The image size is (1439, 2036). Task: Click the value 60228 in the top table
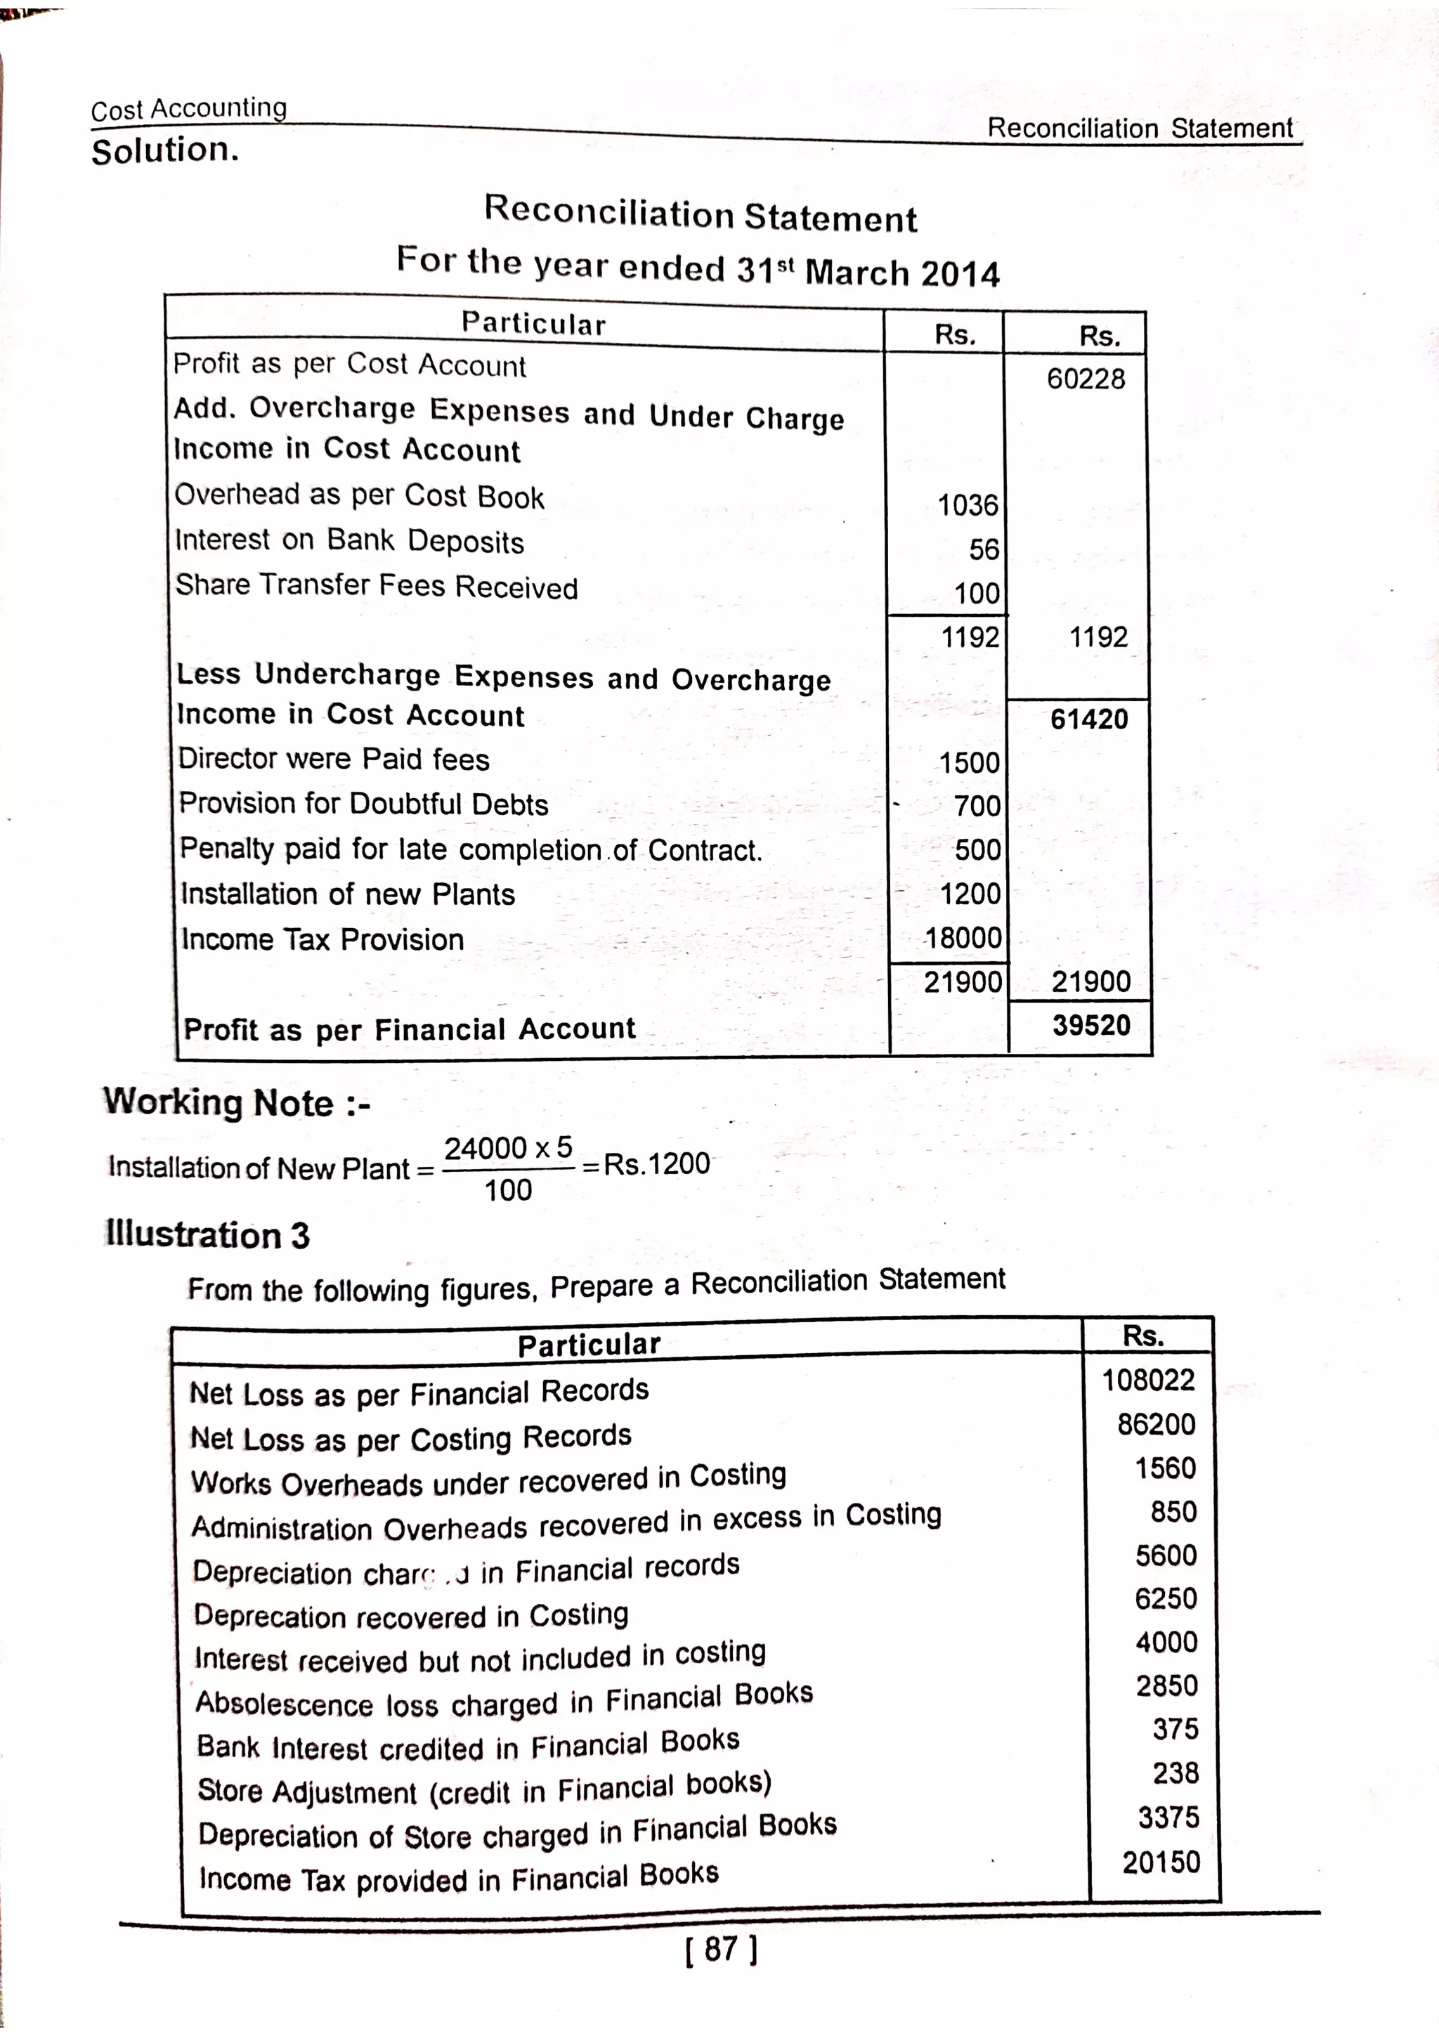point(1086,379)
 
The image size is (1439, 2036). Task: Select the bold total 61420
point(1089,719)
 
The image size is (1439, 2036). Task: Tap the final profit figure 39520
point(1090,1026)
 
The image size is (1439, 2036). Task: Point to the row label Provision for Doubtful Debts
point(363,804)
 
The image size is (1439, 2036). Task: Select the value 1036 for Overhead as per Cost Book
point(968,505)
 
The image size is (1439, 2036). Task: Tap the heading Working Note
point(236,1103)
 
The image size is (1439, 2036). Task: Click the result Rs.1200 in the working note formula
point(656,1163)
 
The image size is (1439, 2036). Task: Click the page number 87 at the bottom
point(721,1949)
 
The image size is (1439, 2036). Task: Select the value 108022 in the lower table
point(1148,1381)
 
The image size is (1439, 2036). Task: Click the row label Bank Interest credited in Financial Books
point(467,1745)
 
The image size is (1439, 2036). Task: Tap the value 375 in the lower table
point(1175,1729)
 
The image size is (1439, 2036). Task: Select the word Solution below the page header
point(165,151)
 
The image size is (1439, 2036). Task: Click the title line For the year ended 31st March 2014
point(698,267)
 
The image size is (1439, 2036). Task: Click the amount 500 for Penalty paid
point(977,850)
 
